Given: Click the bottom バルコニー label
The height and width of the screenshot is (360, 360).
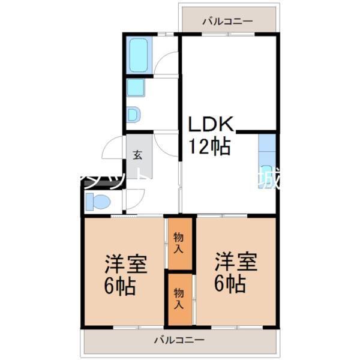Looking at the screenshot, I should (x=179, y=340).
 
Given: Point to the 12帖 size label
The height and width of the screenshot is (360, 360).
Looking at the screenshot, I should (x=209, y=146).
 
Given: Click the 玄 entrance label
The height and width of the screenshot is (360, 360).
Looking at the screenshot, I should (x=137, y=155).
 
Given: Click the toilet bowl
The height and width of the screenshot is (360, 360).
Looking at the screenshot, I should (x=98, y=202).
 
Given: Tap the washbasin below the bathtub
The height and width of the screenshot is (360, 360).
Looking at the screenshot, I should (x=136, y=88).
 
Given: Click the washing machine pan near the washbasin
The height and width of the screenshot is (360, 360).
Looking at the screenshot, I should (x=134, y=114).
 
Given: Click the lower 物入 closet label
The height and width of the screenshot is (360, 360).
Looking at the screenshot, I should (x=179, y=298).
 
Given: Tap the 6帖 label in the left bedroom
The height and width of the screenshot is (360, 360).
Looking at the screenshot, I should (x=120, y=286).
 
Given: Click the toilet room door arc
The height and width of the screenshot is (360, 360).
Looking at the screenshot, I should (x=134, y=198).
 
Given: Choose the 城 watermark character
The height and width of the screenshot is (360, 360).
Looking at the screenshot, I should (x=268, y=179).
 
